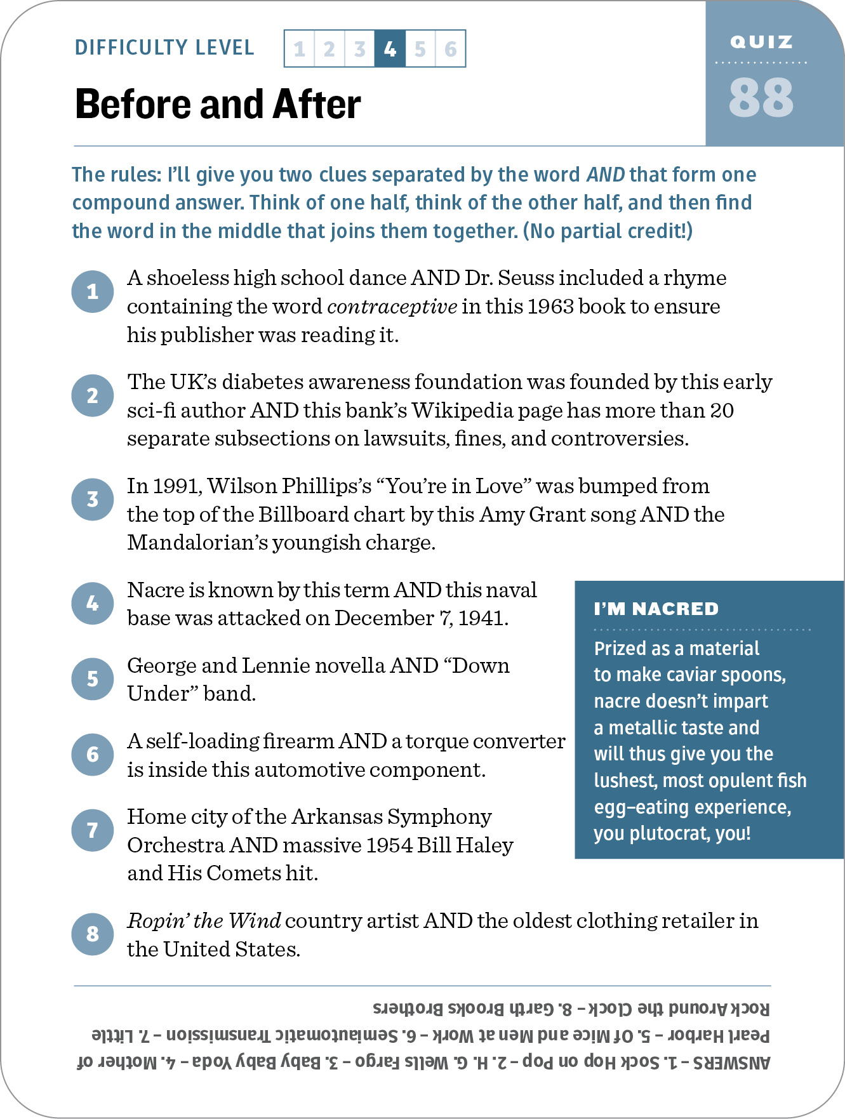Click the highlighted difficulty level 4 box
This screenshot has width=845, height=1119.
pos(390,49)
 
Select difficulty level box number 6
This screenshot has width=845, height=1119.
pos(451,49)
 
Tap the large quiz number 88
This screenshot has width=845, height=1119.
pos(761,98)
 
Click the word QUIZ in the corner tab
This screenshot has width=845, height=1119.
pos(761,43)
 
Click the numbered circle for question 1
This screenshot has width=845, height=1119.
pos(93,291)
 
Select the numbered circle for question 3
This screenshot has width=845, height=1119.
pos(93,500)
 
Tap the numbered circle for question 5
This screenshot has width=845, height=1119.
pos(93,679)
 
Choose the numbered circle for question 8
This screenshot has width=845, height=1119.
pos(93,934)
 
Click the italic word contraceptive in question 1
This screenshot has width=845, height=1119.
pos(392,307)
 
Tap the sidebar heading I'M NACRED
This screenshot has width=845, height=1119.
pos(656,609)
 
